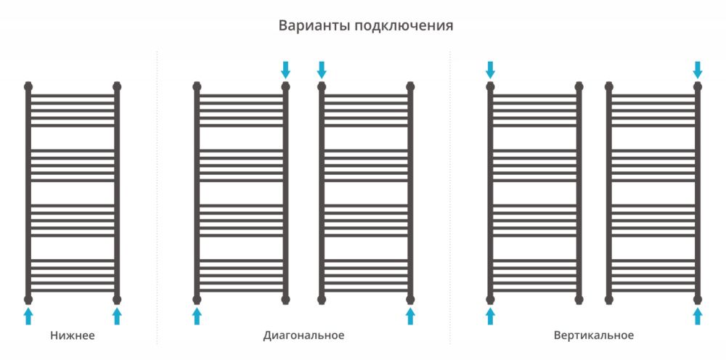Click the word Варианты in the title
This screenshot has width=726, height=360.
click(x=315, y=25)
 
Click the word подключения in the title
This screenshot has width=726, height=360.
click(x=404, y=26)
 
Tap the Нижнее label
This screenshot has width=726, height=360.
click(x=72, y=335)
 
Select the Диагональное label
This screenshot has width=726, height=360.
click(x=303, y=335)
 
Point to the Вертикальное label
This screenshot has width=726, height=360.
click(x=594, y=335)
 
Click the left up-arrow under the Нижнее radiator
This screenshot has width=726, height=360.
click(x=28, y=316)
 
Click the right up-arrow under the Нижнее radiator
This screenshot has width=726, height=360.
click(x=117, y=316)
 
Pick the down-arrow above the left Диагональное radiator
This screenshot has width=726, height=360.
click(x=285, y=70)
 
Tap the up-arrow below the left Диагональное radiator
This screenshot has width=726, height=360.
click(x=197, y=316)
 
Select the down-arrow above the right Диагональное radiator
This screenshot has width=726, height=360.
click(x=322, y=70)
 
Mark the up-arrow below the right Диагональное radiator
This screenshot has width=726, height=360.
click(x=410, y=316)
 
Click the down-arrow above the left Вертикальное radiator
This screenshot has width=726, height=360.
click(x=490, y=70)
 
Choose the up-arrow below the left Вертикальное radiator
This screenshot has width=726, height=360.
click(x=490, y=316)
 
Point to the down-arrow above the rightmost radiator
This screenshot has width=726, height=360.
click(x=698, y=70)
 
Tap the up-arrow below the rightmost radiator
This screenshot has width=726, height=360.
click(x=698, y=316)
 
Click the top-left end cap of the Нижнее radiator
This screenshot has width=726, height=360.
click(x=28, y=86)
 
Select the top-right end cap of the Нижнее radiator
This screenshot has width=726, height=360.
click(x=117, y=86)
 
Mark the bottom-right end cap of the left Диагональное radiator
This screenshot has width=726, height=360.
click(x=285, y=299)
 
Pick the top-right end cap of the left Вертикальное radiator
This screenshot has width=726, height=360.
click(x=579, y=86)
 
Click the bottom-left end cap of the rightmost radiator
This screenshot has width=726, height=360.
click(x=609, y=299)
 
